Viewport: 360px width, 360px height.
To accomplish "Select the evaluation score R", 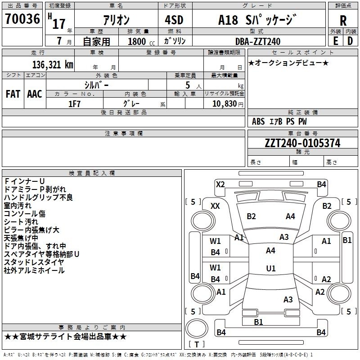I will click(x=343, y=21).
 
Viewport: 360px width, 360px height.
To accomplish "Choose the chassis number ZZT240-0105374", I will click(x=302, y=143).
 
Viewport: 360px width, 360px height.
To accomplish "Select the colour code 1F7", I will click(x=74, y=103).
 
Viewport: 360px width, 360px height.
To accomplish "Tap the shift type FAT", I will click(x=13, y=94).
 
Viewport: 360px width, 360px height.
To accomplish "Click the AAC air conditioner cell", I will click(x=35, y=94).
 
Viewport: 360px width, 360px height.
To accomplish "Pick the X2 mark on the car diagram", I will click(x=220, y=184).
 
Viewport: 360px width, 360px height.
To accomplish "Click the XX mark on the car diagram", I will click(x=216, y=206).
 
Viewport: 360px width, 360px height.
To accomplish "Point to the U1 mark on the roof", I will click(x=270, y=268).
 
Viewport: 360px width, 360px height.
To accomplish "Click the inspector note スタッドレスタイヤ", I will click(x=34, y=262).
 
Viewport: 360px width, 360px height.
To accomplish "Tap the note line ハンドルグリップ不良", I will click(x=38, y=198).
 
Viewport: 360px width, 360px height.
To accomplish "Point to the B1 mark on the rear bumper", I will click(x=258, y=322).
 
